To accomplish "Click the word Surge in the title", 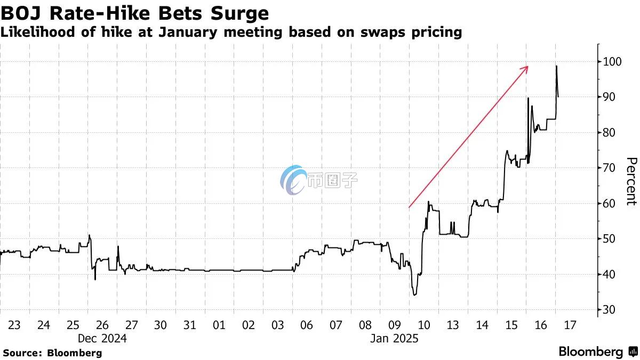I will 235,12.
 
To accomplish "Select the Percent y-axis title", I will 631,181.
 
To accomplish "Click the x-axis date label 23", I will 14,325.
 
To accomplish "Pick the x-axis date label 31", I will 189,325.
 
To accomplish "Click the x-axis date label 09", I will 394,325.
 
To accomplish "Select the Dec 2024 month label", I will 102,338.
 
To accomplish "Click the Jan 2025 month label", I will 394,338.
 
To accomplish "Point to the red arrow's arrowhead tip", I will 528,66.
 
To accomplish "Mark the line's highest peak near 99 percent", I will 556,66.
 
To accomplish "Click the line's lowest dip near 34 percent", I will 414,295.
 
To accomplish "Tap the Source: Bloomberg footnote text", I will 52,353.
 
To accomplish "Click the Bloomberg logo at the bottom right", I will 597,352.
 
